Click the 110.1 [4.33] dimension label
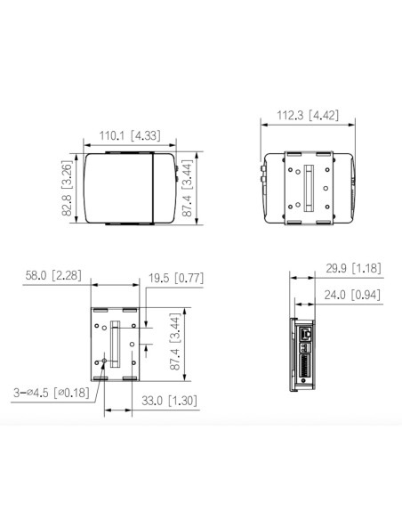coord(130,135)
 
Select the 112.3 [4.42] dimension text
coord(308,116)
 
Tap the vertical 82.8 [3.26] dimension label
coord(67,188)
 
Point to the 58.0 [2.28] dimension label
coord(53,275)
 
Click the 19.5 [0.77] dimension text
coord(176,278)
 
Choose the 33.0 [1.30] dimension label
coord(169,401)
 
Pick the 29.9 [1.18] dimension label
coord(353,268)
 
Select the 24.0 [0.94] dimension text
coord(352,295)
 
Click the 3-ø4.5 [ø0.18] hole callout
coord(52,393)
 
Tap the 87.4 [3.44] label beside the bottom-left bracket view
coord(175,342)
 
